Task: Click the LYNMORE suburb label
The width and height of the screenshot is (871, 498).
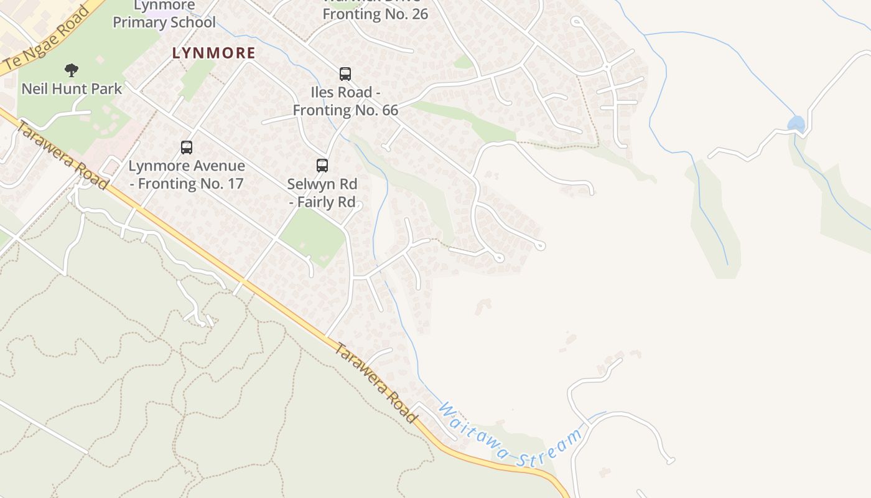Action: tap(213, 53)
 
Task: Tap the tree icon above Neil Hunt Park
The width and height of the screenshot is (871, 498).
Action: tap(72, 70)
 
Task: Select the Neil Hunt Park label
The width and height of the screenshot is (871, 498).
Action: tap(72, 88)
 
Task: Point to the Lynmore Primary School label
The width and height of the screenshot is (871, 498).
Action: tap(164, 15)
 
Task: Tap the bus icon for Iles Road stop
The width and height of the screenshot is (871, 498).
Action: tap(345, 74)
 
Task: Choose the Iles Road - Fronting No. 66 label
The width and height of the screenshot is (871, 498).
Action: tap(345, 101)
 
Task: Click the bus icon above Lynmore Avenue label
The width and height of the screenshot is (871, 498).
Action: tap(187, 148)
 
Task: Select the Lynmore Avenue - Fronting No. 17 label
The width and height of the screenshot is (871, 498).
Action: tap(187, 175)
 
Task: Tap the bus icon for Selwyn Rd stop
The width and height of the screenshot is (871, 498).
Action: tap(322, 166)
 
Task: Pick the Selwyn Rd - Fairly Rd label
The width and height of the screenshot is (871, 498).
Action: tap(322, 193)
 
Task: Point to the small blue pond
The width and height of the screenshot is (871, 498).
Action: tap(796, 123)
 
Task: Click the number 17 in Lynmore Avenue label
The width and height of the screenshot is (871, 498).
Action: tap(235, 184)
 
